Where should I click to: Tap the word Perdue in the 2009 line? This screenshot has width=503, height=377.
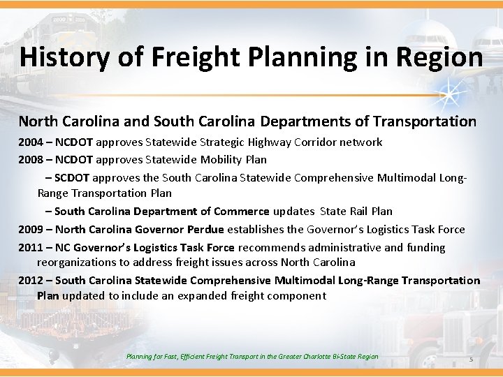pos(205,230)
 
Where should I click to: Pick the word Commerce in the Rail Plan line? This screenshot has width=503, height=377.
pos(242,211)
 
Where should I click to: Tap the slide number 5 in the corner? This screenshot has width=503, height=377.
pos(471,360)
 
